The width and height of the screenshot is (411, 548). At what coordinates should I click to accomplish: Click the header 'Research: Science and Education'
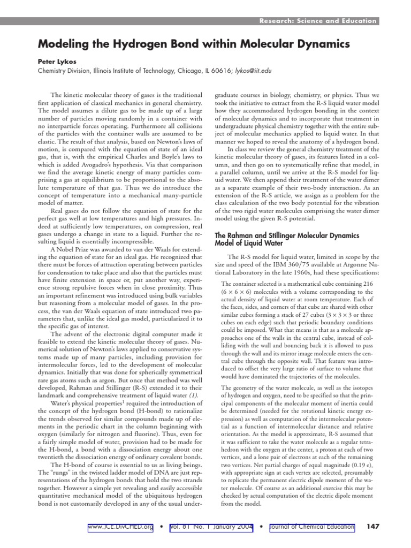coord(318,21)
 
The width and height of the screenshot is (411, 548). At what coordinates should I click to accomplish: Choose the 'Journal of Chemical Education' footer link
coord(311,527)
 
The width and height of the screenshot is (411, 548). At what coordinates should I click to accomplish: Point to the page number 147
coord(372,527)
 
